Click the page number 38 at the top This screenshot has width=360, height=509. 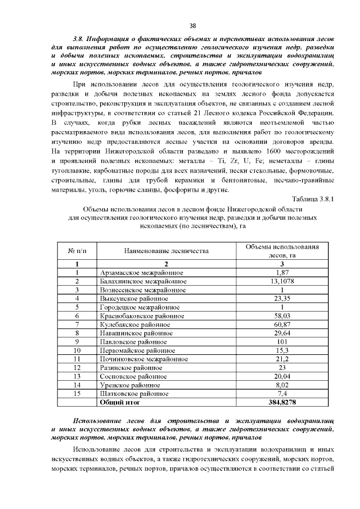[x=192, y=26]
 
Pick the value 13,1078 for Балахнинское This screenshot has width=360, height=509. [x=282, y=281]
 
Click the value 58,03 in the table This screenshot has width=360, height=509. [x=282, y=316]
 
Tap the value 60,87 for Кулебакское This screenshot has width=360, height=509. [x=282, y=324]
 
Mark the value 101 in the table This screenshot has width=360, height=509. [x=282, y=341]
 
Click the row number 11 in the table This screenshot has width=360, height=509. [x=77, y=359]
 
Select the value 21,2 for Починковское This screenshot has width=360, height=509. [x=282, y=359]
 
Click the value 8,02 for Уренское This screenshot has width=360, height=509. [x=282, y=385]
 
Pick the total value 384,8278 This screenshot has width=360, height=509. [x=282, y=403]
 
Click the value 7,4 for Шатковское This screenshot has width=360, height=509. [x=282, y=394]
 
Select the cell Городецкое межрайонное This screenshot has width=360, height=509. [x=139, y=307]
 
